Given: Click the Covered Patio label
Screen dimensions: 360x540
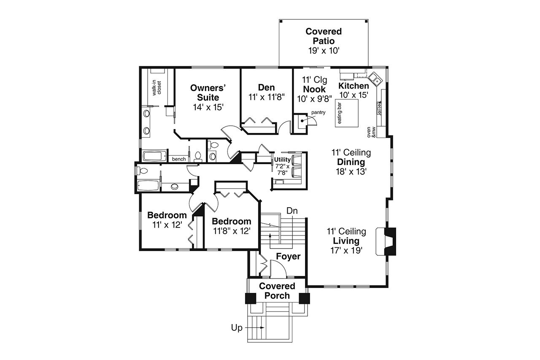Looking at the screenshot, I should click(x=324, y=36).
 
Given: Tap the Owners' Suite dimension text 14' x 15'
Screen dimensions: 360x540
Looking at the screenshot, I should click(x=208, y=107).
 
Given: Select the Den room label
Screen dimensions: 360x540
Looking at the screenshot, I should click(x=266, y=87).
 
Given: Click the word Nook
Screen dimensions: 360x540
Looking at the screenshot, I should click(x=314, y=89).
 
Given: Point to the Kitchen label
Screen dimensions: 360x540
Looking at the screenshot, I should click(x=354, y=86).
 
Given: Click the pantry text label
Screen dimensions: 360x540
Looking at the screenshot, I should click(x=318, y=112).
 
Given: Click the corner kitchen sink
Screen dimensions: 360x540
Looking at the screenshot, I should click(x=375, y=78).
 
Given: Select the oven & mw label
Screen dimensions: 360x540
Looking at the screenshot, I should click(x=371, y=132).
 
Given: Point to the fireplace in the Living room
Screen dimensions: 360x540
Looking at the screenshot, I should click(x=387, y=241).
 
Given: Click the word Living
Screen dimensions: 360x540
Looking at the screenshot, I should click(x=346, y=241).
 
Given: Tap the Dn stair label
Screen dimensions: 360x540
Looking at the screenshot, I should click(x=292, y=210).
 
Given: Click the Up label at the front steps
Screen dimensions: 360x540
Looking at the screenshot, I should click(x=237, y=328).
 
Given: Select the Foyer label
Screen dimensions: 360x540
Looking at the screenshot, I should click(x=288, y=257).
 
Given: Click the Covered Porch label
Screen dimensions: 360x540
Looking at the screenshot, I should click(x=277, y=291).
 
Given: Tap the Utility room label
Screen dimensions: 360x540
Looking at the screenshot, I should click(x=282, y=160).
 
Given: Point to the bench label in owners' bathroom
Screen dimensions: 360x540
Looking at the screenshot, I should click(x=178, y=159).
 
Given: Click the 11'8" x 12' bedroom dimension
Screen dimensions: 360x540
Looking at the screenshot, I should click(x=232, y=231).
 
